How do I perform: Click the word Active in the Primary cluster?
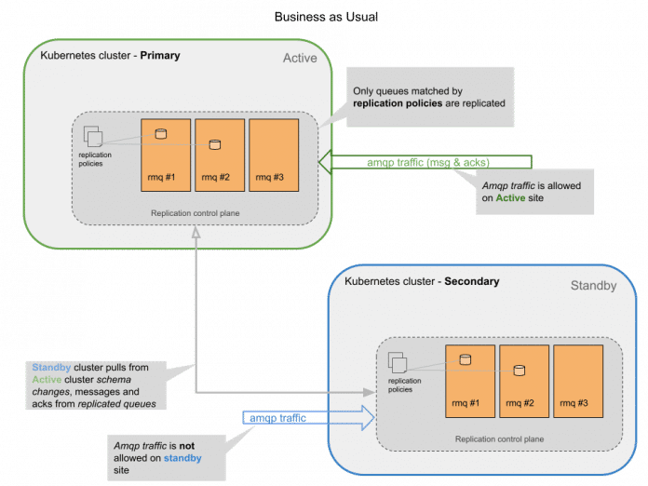point(300,59)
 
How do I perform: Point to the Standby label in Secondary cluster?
point(593,286)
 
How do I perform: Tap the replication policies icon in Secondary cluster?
point(398,363)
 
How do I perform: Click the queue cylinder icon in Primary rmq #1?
point(160,134)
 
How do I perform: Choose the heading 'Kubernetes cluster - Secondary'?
point(422,281)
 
